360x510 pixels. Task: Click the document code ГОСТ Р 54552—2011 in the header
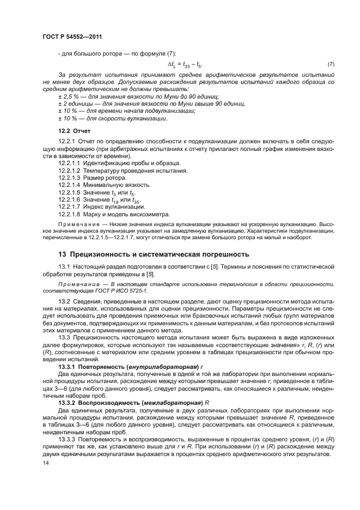point(72,37)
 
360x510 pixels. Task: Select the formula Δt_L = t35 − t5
point(185,64)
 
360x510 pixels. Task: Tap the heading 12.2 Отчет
point(75,131)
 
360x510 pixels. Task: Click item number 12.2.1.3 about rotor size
point(69,178)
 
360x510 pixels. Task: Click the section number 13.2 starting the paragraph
point(64,301)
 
